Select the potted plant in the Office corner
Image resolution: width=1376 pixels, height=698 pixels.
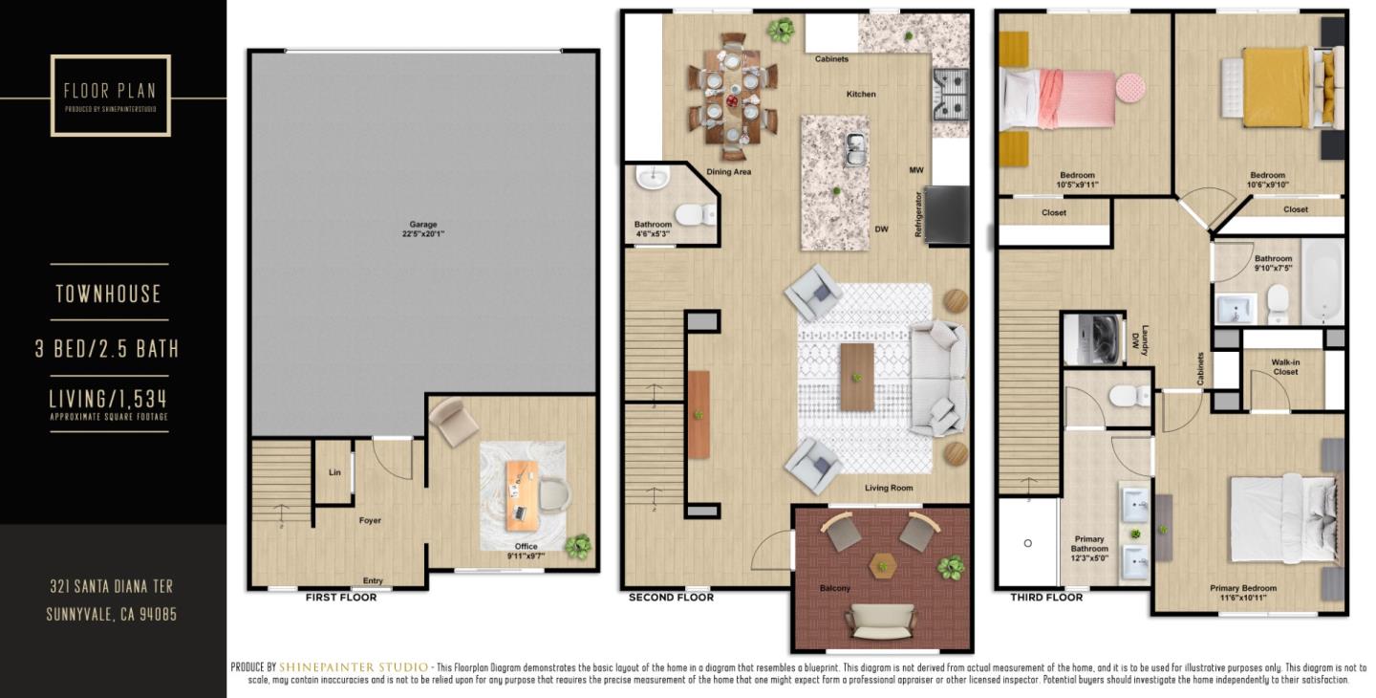(x=577, y=546)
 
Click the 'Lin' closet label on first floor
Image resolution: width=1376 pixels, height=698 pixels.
(x=334, y=472)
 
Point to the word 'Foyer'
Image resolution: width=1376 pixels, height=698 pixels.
(x=370, y=521)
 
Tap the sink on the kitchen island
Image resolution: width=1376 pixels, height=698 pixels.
(x=855, y=147)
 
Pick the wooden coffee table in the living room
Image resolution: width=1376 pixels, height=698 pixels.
(x=857, y=377)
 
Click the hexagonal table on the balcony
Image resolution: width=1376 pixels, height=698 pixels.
(x=883, y=566)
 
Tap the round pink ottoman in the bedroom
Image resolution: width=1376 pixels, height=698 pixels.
(x=1131, y=88)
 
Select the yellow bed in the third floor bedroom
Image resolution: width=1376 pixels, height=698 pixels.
(x=1276, y=87)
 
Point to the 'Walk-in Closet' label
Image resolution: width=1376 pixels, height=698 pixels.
(x=1284, y=367)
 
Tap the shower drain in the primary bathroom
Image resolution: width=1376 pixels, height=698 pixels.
(x=1028, y=543)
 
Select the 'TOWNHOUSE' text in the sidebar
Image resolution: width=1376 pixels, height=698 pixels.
(x=108, y=294)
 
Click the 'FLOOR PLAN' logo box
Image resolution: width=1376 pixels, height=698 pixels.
(x=110, y=95)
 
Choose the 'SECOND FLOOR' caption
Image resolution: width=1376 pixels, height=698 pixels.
(x=671, y=598)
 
